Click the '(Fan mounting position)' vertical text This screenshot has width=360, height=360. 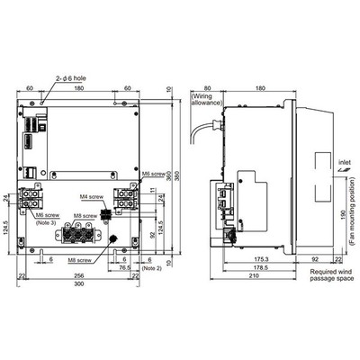pos(350,214)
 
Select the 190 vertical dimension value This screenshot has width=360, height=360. pos(339,214)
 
